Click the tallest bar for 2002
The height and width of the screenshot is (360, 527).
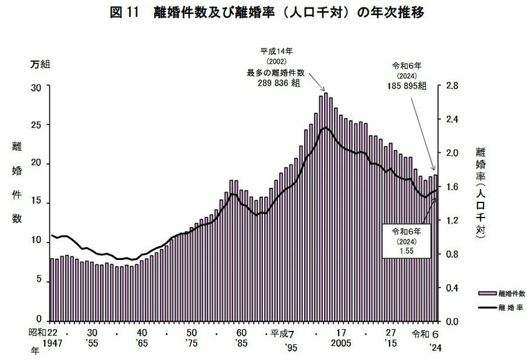326,206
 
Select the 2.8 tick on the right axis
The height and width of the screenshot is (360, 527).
453,87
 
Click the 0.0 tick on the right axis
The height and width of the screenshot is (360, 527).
453,320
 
